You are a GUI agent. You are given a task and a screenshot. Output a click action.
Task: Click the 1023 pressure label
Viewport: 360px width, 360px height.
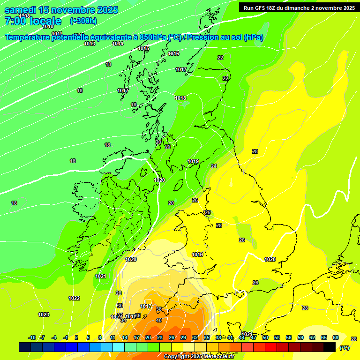44,315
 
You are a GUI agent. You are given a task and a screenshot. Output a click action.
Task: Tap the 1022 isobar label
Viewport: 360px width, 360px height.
74,298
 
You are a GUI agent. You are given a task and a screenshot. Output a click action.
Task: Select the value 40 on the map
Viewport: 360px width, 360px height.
159,320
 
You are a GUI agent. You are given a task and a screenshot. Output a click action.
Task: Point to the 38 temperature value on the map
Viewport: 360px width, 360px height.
159,309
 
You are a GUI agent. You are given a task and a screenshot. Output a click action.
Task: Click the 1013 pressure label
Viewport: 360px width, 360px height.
90,44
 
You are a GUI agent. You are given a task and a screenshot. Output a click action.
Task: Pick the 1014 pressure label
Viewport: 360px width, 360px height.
118,44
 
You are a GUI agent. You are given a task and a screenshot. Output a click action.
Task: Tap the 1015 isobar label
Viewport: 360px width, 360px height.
143,49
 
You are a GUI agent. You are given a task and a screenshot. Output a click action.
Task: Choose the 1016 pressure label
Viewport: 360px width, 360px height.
173,53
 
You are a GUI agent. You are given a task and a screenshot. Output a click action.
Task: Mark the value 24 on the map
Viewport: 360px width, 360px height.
214,166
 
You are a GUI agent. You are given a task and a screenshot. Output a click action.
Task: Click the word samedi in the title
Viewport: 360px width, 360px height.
20,10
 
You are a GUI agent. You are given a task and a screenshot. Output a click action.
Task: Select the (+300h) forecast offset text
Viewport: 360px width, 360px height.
83,21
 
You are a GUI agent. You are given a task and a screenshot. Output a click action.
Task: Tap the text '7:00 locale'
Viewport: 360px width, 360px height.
33,21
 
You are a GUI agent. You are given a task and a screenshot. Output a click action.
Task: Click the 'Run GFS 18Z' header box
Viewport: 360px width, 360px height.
299,7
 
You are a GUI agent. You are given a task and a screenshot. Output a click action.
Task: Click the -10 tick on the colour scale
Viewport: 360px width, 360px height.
32,337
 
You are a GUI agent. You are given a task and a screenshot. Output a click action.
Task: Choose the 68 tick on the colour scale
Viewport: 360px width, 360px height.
336,337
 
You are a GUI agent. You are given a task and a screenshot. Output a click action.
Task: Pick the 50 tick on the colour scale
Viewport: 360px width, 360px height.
265,337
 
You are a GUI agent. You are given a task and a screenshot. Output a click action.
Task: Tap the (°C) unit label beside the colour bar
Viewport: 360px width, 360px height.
345,348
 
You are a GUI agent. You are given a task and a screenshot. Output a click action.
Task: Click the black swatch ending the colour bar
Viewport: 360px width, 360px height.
330,347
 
